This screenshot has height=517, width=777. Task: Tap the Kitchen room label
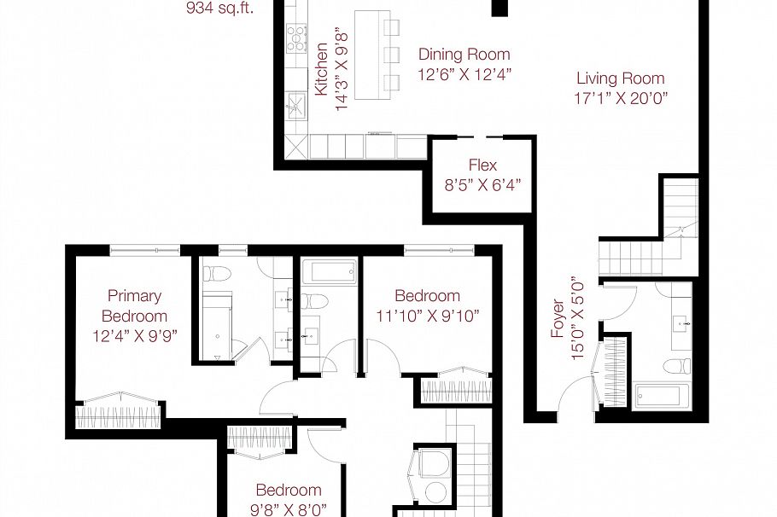[322, 68]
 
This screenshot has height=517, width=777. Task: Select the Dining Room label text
[464, 55]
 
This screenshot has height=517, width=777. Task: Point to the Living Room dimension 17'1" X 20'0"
[620, 98]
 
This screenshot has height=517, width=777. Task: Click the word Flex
[482, 165]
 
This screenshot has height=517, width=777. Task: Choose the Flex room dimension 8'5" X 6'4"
[482, 183]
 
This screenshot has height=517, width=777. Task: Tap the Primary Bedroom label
[134, 305]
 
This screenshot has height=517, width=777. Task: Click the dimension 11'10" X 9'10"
[426, 315]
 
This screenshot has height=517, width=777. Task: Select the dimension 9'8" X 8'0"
[289, 510]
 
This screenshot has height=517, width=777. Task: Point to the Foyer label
[558, 318]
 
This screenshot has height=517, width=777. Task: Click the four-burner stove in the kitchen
[296, 38]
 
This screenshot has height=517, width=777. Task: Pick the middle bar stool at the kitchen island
[392, 55]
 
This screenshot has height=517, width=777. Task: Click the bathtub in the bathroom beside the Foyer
[657, 396]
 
